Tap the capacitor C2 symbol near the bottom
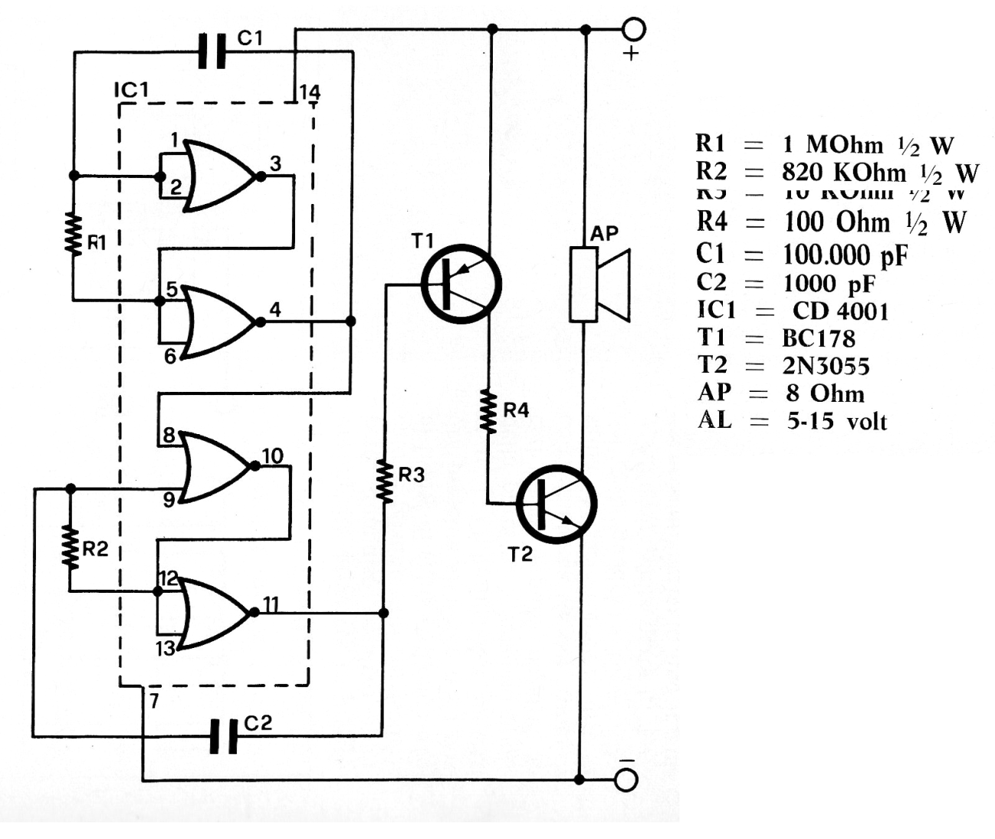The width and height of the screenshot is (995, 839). click(x=224, y=737)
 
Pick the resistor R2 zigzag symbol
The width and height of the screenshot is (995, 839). click(x=70, y=547)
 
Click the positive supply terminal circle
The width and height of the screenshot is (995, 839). click(x=634, y=29)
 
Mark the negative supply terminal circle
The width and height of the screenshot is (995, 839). click(x=626, y=779)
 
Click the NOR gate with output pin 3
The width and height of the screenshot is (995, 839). click(x=218, y=176)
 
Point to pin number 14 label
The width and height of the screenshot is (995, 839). click(x=310, y=93)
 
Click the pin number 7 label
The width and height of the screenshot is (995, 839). click(x=154, y=700)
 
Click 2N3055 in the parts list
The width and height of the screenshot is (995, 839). click(x=826, y=366)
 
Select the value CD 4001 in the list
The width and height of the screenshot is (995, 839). click(x=840, y=311)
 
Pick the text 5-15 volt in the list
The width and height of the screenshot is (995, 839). click(x=836, y=421)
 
